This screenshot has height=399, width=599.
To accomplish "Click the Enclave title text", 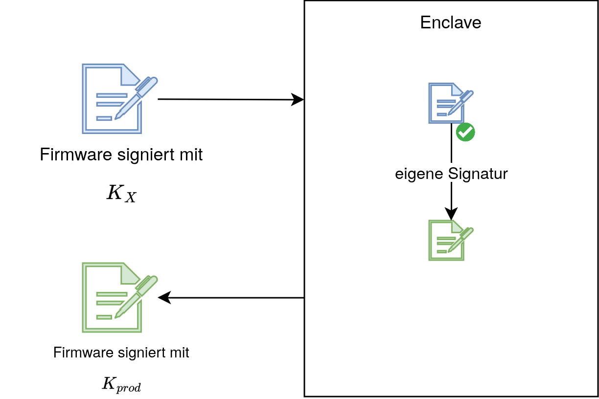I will click(x=451, y=22).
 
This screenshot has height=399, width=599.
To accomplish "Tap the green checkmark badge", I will click(x=465, y=132).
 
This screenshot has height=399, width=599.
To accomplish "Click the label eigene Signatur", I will click(x=451, y=174).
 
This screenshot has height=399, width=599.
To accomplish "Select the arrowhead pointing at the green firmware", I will click(x=164, y=297).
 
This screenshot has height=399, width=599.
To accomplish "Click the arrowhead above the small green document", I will click(x=451, y=213).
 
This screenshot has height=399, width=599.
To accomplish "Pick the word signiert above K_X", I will click(x=147, y=155).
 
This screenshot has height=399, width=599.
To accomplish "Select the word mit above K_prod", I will click(x=179, y=353).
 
